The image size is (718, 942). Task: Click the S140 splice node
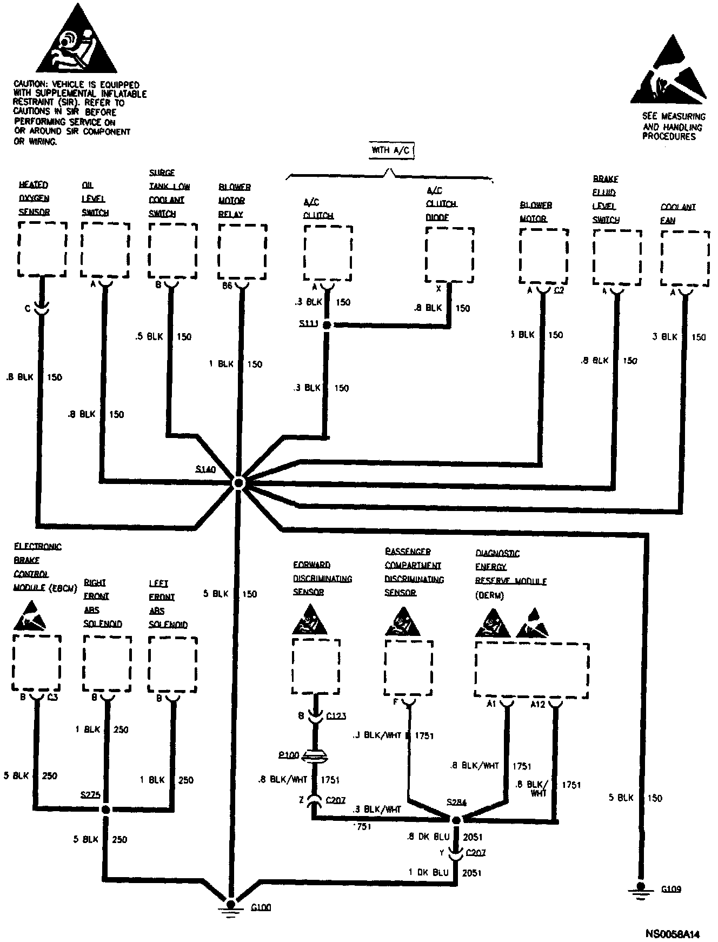(238, 483)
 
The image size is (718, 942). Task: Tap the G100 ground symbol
(231, 905)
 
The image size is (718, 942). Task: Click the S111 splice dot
(327, 325)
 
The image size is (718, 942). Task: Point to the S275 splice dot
(106, 810)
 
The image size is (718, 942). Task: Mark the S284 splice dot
(456, 820)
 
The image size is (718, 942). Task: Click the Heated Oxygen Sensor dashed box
(42, 249)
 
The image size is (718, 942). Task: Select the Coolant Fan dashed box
(684, 258)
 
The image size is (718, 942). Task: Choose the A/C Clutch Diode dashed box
(449, 255)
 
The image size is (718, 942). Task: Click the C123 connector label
(336, 716)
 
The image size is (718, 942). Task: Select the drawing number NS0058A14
(672, 933)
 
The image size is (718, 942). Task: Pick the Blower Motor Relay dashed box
(242, 253)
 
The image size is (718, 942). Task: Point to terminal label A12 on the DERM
(538, 704)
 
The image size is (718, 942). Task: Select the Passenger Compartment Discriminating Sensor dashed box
(409, 668)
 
